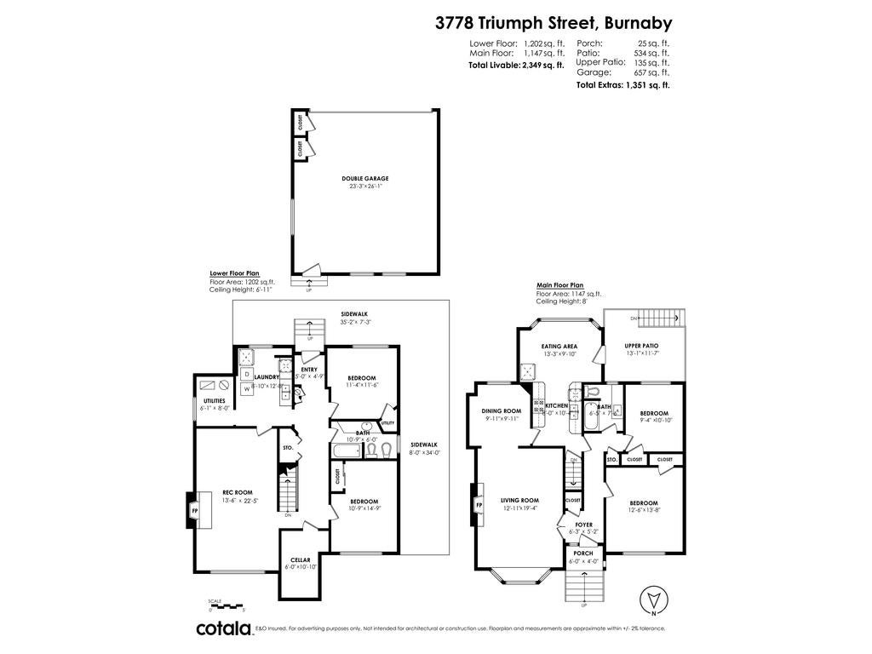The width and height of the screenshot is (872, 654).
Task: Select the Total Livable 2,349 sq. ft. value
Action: coord(543,64)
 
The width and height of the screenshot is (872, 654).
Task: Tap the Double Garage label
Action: coord(365,179)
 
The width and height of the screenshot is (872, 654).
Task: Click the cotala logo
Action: coord(224,629)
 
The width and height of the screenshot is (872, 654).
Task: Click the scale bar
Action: coord(227,603)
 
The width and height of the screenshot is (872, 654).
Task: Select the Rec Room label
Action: coord(238,492)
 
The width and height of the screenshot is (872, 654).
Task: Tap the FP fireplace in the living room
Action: coord(479,505)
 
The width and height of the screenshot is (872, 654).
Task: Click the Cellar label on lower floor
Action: coord(301,560)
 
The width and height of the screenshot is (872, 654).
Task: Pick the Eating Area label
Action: coord(559,347)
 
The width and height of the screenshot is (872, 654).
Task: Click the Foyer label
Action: coord(583,525)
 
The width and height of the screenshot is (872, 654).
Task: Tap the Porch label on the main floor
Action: coord(584,554)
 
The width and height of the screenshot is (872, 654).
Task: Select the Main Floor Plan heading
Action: coord(559,285)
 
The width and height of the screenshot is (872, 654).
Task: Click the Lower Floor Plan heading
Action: coord(234,273)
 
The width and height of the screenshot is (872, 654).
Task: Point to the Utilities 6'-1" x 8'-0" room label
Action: coord(214,404)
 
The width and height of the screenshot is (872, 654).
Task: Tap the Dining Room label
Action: coord(501,410)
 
